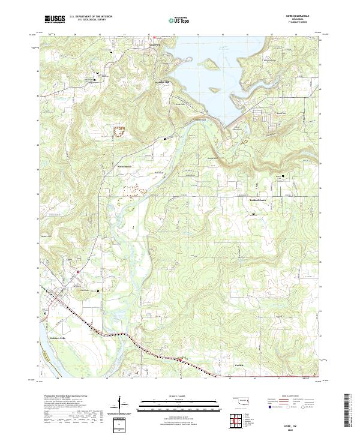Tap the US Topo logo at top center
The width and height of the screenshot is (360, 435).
[179, 20]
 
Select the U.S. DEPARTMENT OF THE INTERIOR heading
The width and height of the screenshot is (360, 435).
[90, 17]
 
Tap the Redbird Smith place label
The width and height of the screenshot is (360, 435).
[261, 200]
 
